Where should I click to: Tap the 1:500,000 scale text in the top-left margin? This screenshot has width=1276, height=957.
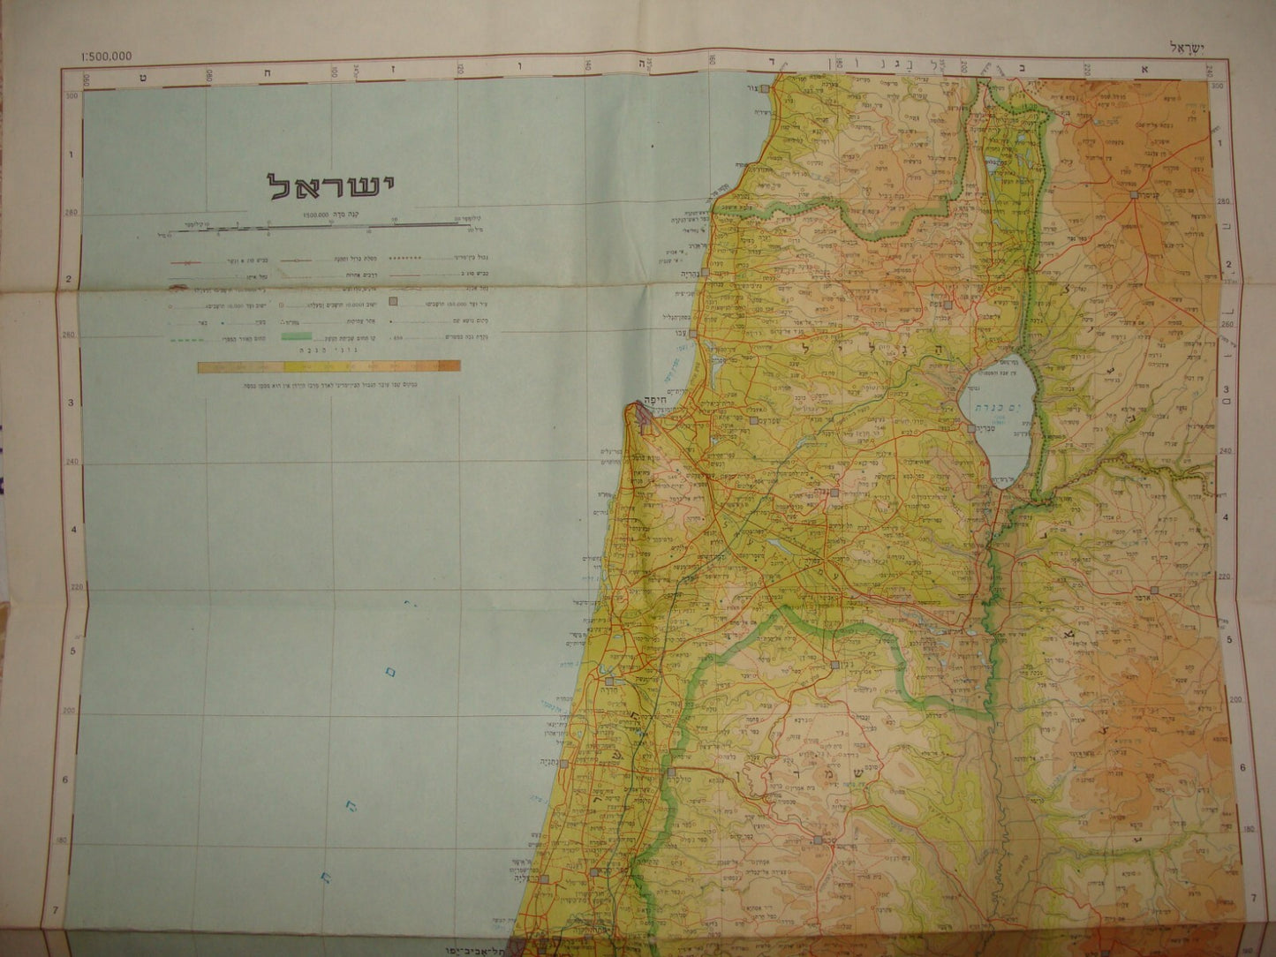point(105,57)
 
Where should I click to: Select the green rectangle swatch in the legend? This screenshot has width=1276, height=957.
point(297,335)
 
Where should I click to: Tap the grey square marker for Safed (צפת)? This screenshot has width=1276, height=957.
point(947,305)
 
